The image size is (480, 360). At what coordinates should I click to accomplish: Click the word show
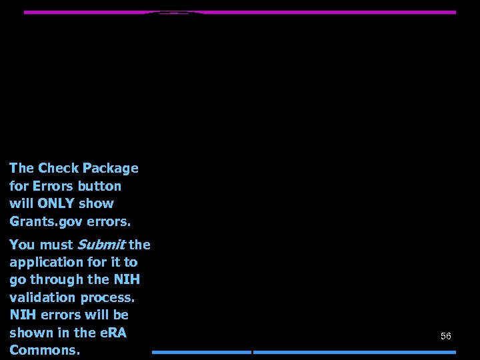96,203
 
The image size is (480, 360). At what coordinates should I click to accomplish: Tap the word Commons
45,349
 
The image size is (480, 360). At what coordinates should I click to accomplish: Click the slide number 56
446,336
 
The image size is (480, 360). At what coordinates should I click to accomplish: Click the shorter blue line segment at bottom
201,352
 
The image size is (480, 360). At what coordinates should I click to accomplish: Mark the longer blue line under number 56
355,352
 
